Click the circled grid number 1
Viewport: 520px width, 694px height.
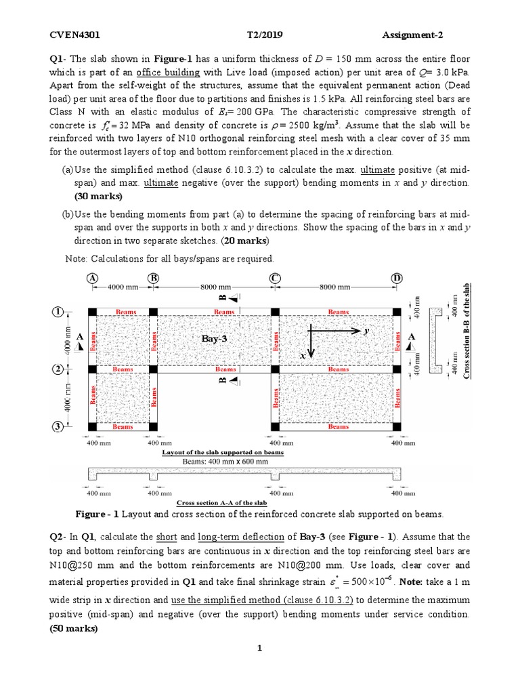tap(59, 312)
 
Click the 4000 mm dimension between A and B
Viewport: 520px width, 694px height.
tap(123, 287)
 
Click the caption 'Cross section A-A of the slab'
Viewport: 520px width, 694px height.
tap(221, 503)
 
